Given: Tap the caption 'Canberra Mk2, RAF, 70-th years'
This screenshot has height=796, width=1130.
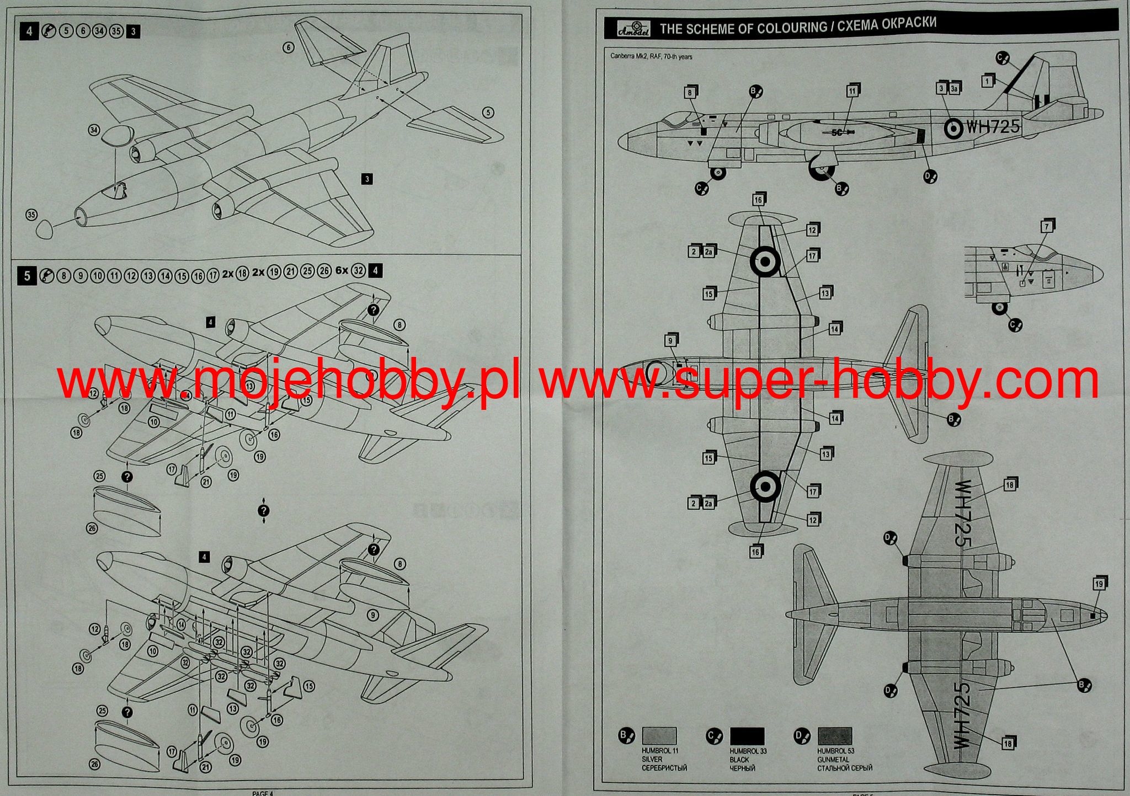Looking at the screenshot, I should click(x=651, y=57).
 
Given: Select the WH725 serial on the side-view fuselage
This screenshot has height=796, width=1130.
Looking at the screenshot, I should click(x=993, y=127).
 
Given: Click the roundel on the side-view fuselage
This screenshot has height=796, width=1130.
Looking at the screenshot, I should click(x=953, y=129).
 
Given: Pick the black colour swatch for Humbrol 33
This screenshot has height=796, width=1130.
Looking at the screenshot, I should click(x=747, y=736).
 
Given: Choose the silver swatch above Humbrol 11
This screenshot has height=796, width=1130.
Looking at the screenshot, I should click(x=659, y=736).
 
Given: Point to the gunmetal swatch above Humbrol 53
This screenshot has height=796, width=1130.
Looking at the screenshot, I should click(x=835, y=736).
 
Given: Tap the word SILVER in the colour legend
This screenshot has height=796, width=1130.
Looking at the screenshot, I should click(x=652, y=760).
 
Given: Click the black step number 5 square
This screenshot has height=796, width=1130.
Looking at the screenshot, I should click(x=28, y=275).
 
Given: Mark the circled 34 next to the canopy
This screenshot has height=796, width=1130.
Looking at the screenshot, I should click(x=94, y=130).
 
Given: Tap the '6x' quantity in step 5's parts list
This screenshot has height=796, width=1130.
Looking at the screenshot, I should click(x=342, y=271).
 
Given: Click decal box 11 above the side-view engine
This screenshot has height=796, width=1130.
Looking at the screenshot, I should click(x=852, y=91).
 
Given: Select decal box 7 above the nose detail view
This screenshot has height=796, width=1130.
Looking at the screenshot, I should click(x=1046, y=227).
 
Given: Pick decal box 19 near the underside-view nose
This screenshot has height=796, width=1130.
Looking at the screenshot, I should click(x=1099, y=584).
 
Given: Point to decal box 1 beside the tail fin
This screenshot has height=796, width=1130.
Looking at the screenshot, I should click(x=987, y=81).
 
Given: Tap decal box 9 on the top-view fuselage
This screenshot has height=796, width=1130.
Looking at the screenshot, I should click(x=670, y=341).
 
